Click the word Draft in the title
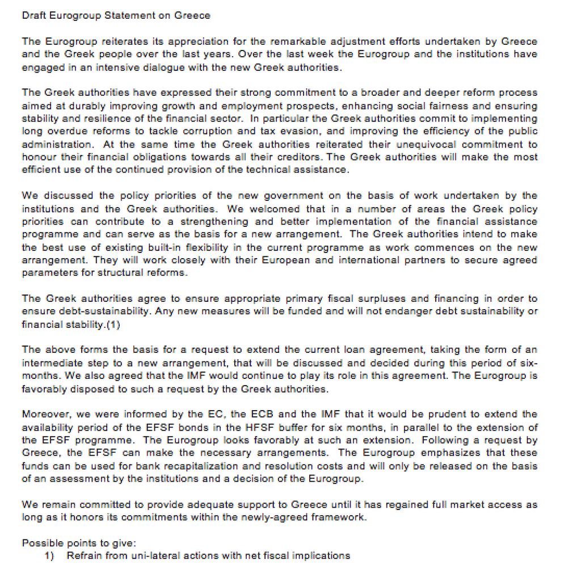click(33, 15)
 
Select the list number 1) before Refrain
click(49, 555)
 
